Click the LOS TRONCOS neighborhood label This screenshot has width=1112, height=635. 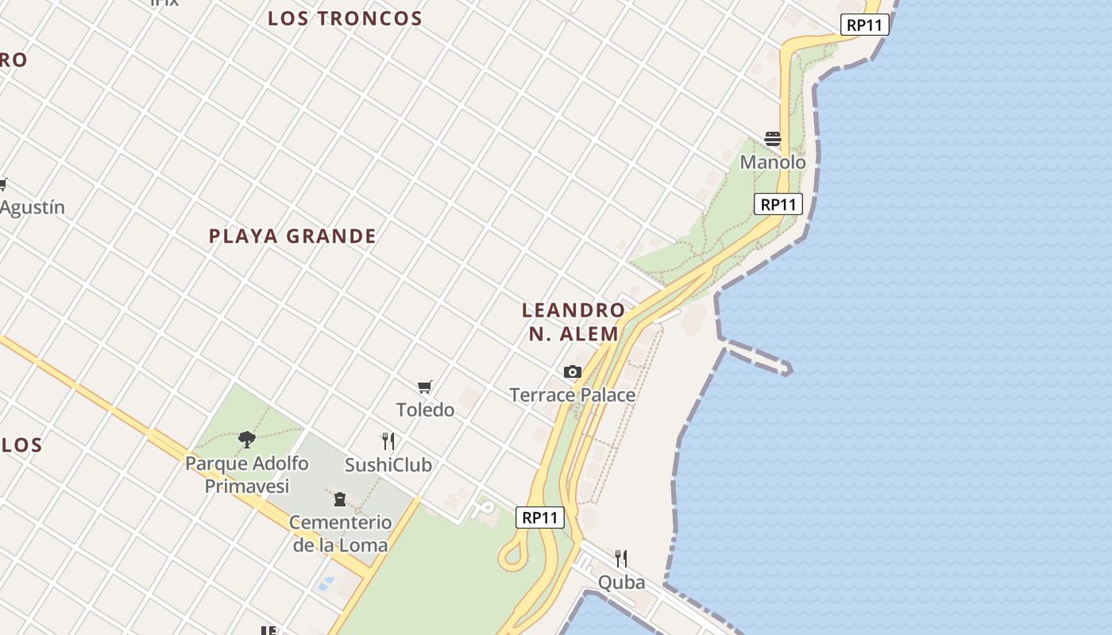[x=345, y=18]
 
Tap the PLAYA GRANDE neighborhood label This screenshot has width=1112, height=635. [x=292, y=236]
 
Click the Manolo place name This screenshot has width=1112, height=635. [x=773, y=163]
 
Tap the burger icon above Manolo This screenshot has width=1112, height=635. [x=773, y=139]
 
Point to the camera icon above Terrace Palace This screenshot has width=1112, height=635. [x=572, y=371]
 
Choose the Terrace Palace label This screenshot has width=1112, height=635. [x=572, y=394]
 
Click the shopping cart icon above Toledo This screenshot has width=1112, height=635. [x=425, y=387]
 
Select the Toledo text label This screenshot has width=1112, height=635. [x=425, y=410]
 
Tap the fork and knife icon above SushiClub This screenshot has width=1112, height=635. [x=388, y=441]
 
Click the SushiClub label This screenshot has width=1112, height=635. [x=388, y=464]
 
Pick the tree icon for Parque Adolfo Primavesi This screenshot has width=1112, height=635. [x=247, y=439]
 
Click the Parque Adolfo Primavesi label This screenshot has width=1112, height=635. [x=247, y=474]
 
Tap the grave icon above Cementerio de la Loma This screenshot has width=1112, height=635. [x=340, y=499]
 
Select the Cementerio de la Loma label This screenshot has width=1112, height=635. [x=340, y=533]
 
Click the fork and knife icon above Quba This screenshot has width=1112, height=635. [x=621, y=559]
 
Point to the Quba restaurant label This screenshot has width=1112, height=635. [x=621, y=583]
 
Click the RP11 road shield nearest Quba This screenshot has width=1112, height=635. [x=540, y=518]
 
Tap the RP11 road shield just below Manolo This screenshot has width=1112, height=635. [x=778, y=204]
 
